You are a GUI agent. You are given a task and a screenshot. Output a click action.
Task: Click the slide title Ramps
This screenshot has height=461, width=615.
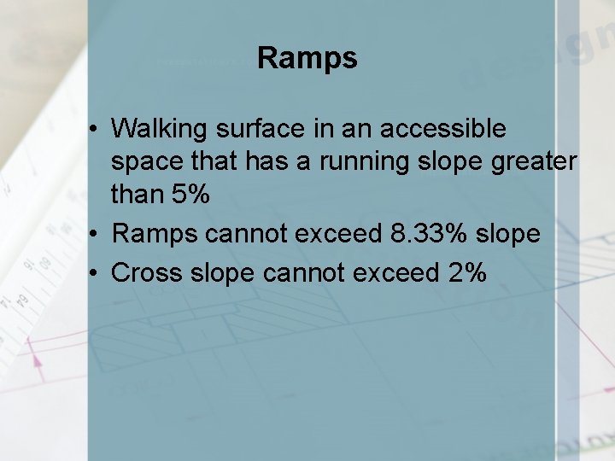307,59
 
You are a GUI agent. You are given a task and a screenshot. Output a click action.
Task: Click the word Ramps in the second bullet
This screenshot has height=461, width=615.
150,233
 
